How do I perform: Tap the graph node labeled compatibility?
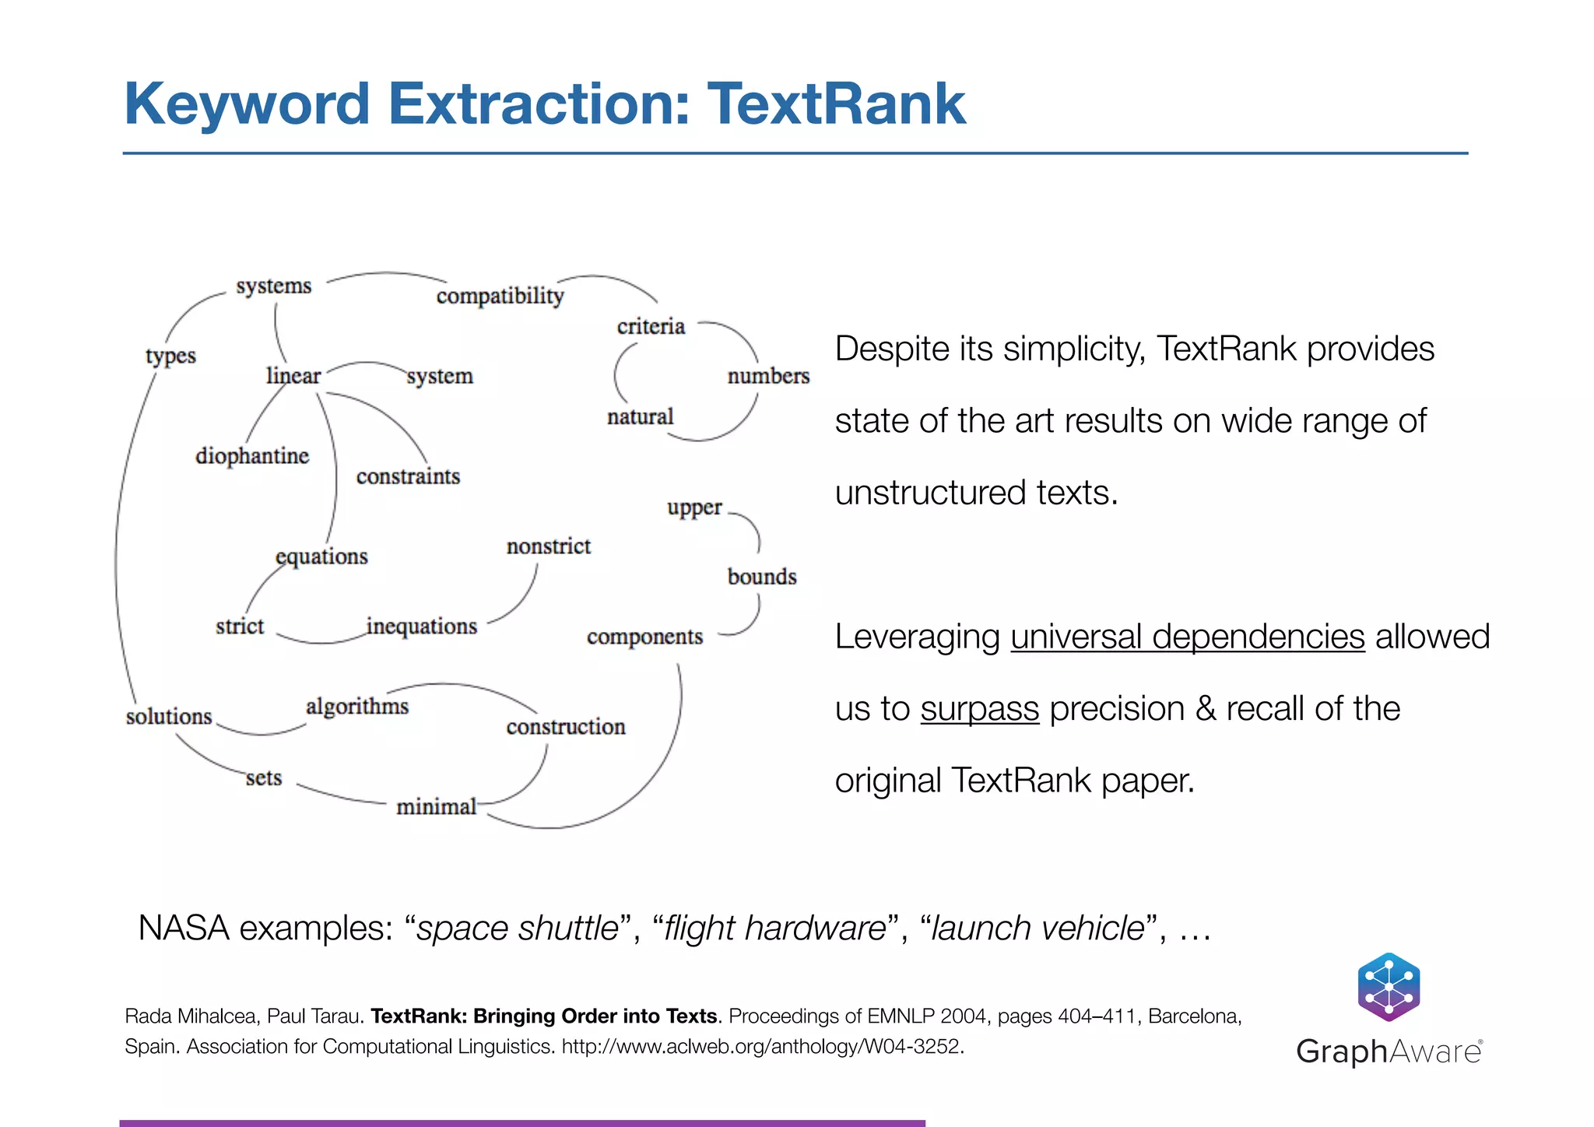coord(500,296)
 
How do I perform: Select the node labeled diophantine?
coord(252,456)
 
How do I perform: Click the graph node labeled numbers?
coord(768,376)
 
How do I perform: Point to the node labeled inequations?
coord(421,627)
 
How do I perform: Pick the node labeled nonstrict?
coord(549,546)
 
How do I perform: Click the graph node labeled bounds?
coord(762,577)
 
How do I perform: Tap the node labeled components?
coord(644,637)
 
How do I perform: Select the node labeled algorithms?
coord(357,707)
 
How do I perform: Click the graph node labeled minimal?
coord(436,807)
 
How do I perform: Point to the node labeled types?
coord(170,356)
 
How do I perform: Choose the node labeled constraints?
coord(408,476)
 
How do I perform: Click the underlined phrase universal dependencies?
coord(1188,637)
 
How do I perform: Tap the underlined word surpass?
coord(980,709)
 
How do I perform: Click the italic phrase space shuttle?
coord(518,929)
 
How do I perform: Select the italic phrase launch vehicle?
coord(1038,929)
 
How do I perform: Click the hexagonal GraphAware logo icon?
coord(1389,987)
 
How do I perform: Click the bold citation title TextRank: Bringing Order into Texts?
coord(543,1016)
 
